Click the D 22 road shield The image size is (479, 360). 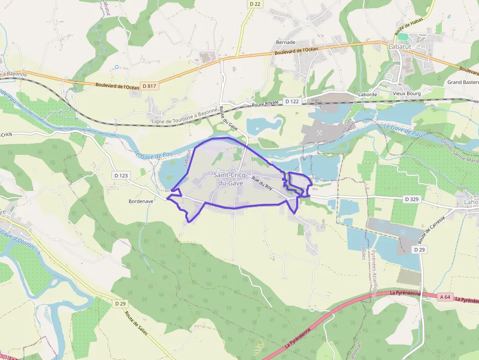tap(255, 4)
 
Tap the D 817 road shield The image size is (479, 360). tap(150, 86)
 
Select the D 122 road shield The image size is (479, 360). tap(292, 102)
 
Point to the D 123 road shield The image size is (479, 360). tap(121, 175)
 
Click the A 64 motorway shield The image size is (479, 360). tap(445, 296)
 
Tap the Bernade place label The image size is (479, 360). tap(286, 42)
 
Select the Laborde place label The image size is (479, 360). tap(367, 94)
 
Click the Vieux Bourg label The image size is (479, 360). tap(407, 93)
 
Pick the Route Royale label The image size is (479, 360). tap(265, 104)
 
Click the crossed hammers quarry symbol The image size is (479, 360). tap(320, 132)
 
